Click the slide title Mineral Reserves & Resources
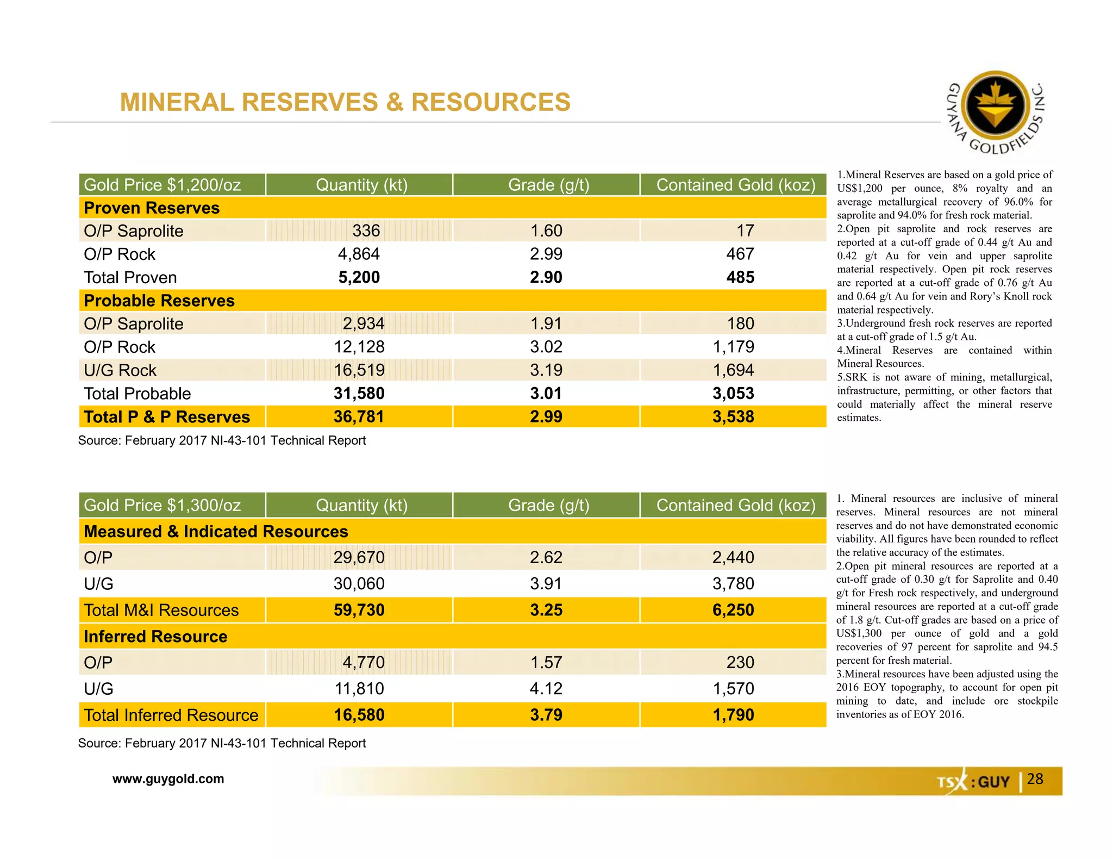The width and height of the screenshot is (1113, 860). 345,102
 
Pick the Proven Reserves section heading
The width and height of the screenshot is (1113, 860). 152,208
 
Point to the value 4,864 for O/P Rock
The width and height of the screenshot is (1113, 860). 359,254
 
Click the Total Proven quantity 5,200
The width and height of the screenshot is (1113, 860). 359,277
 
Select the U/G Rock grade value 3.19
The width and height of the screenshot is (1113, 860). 546,370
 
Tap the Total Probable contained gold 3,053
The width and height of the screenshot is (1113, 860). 733,394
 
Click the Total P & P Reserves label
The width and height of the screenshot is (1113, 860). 167,417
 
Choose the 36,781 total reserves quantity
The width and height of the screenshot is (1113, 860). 359,417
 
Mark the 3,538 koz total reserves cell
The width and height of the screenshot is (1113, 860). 733,417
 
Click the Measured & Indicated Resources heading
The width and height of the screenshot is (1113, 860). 216,531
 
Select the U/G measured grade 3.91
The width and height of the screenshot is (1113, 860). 546,584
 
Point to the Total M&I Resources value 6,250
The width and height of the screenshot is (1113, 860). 733,610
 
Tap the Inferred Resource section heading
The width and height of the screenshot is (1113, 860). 155,636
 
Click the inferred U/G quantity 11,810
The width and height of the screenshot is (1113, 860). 359,689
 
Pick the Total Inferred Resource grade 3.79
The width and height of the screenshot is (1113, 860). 546,715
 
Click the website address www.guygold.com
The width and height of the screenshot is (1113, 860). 168,779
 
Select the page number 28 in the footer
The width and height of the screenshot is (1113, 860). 1035,779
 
